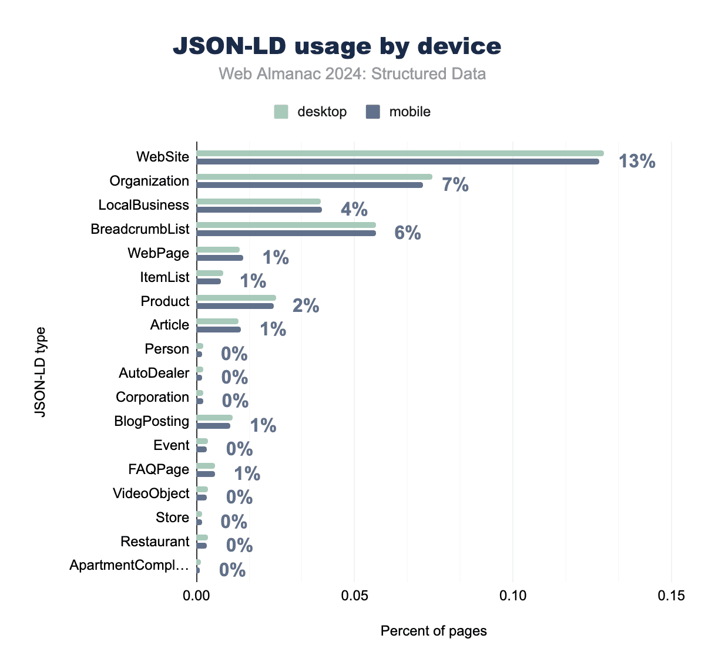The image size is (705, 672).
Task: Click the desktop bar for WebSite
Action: pyautogui.click(x=399, y=153)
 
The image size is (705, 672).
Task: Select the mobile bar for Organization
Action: pyautogui.click(x=310, y=185)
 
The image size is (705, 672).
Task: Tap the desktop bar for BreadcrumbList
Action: pyautogui.click(x=286, y=225)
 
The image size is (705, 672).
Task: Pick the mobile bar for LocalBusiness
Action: pyautogui.click(x=259, y=209)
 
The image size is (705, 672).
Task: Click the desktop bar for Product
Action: pyautogui.click(x=236, y=298)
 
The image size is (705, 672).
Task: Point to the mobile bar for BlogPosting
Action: pyautogui.click(x=213, y=425)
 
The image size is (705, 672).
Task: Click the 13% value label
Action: pyautogui.click(x=637, y=161)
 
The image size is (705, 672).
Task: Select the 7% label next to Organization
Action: pyautogui.click(x=455, y=185)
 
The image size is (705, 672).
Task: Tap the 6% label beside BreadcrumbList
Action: pyautogui.click(x=407, y=233)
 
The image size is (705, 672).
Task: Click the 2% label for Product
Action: pyautogui.click(x=305, y=305)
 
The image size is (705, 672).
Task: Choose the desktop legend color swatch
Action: pyautogui.click(x=281, y=112)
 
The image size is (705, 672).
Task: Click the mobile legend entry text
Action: pyautogui.click(x=409, y=112)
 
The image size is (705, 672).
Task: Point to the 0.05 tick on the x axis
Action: pyautogui.click(x=354, y=596)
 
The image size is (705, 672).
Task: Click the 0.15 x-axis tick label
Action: pyautogui.click(x=671, y=596)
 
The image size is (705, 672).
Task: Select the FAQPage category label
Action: pyautogui.click(x=159, y=469)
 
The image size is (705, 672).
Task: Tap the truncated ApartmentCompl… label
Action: pyautogui.click(x=129, y=565)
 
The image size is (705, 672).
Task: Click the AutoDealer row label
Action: pyautogui.click(x=154, y=373)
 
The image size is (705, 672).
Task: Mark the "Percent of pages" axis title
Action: pyautogui.click(x=434, y=631)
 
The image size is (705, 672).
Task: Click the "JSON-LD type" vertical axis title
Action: pyautogui.click(x=40, y=372)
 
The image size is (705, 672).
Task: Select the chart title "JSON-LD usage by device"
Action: pyautogui.click(x=337, y=46)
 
